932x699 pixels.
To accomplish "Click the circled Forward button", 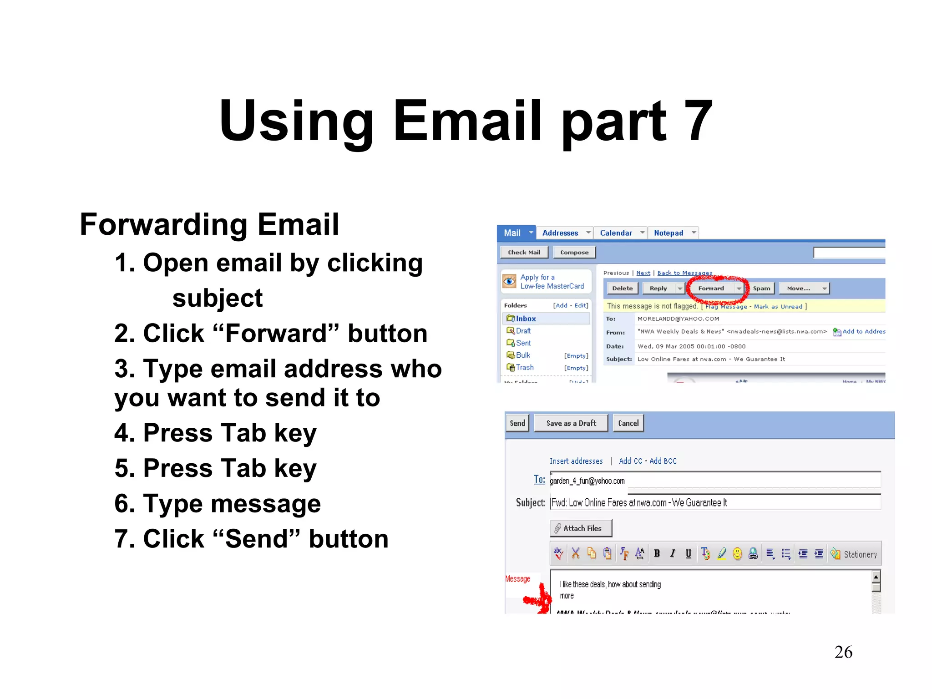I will coord(711,289).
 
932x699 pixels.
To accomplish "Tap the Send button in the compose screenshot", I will coord(517,423).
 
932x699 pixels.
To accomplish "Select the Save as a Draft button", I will coord(571,423).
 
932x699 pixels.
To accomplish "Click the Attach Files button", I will coord(581,528).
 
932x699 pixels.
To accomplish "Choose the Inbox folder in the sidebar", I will coord(526,319).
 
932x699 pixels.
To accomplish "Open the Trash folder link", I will coord(525,367).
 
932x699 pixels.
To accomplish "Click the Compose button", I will coord(574,253).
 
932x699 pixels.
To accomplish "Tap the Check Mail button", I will coord(524,253).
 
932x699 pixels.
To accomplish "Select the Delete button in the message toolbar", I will coord(622,289).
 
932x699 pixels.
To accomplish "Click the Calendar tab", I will coord(616,233).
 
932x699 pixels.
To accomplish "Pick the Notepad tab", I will coord(669,233).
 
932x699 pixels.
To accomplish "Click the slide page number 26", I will coord(843,652).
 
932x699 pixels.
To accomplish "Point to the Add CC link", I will coord(630,461).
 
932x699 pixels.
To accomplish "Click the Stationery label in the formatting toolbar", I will coord(860,554).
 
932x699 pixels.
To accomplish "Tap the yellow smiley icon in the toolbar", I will coord(737,553).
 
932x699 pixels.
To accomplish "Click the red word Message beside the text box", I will coord(518,579).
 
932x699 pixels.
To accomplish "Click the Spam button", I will coord(761,289).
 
